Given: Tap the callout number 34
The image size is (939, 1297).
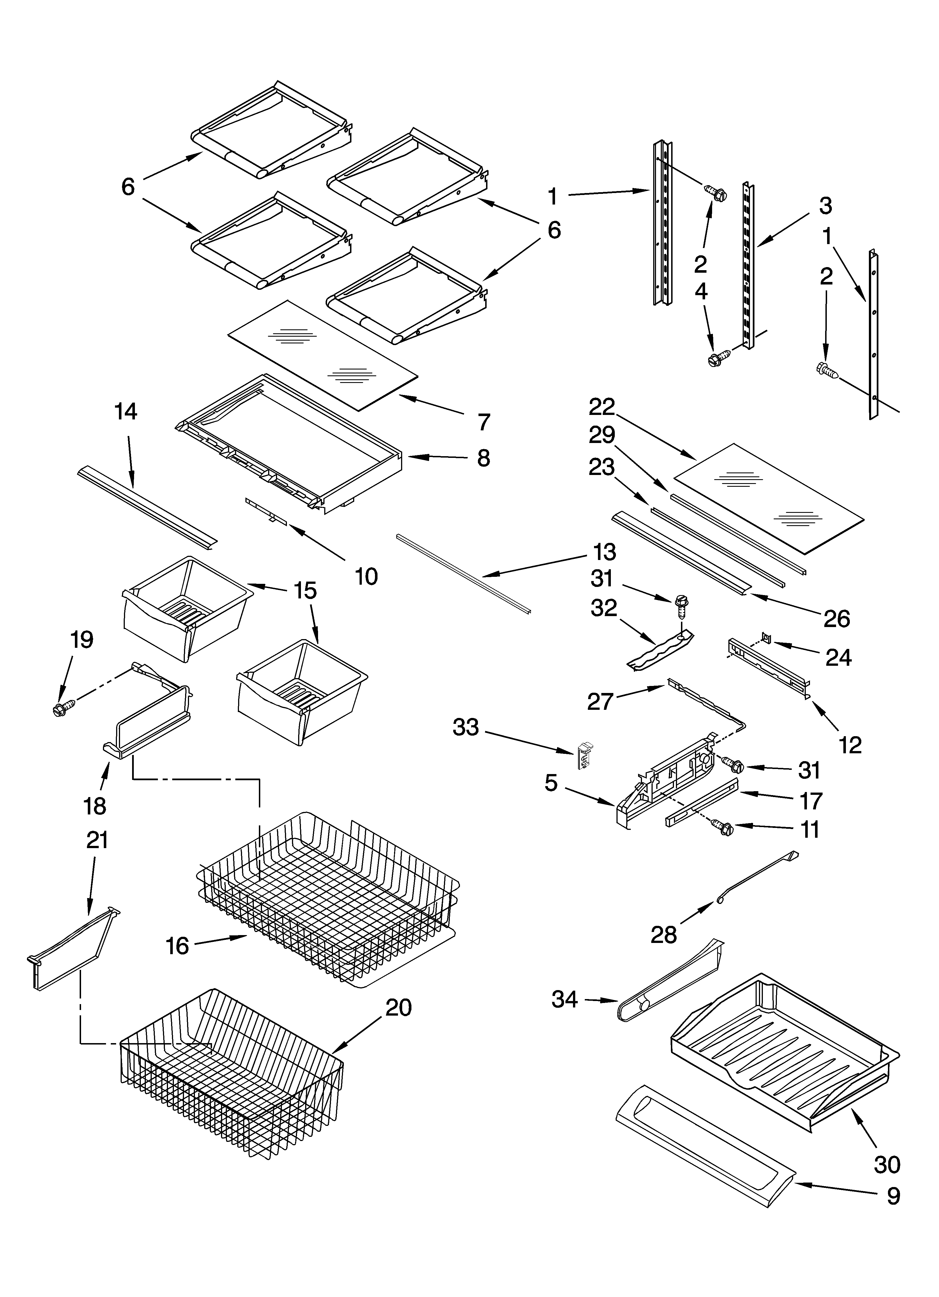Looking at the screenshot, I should pyautogui.click(x=564, y=1000).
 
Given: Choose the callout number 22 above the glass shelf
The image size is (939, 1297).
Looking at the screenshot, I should pyautogui.click(x=602, y=407).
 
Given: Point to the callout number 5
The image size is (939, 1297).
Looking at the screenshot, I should pyautogui.click(x=551, y=783).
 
